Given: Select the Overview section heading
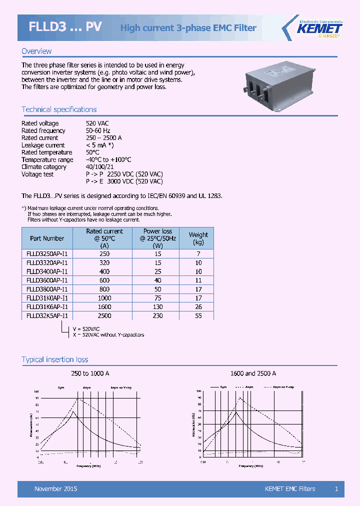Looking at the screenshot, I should tap(36, 51).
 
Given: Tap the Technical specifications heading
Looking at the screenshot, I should tap(59, 109).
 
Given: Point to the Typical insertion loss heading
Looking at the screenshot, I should tap(55, 359).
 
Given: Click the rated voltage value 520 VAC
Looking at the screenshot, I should tap(97, 123).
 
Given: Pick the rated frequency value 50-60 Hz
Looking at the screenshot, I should tap(98, 130).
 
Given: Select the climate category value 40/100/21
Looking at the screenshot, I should tap(100, 167).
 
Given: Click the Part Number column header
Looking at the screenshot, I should tap(47, 238).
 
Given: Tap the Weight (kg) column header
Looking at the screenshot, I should tap(198, 238).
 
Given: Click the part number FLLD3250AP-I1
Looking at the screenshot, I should tap(47, 253).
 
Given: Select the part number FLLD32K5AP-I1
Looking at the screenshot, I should tap(47, 316).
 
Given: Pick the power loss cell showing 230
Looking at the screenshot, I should tap(157, 316).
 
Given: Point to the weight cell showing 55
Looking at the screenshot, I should tap(198, 316).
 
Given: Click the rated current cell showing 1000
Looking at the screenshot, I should tap(104, 298).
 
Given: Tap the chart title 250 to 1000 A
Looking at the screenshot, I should tap(90, 373).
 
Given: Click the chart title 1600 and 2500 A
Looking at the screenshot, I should tap(253, 373).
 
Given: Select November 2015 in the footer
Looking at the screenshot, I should tap(55, 488).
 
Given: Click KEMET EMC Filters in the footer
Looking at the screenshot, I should tap(290, 488).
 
